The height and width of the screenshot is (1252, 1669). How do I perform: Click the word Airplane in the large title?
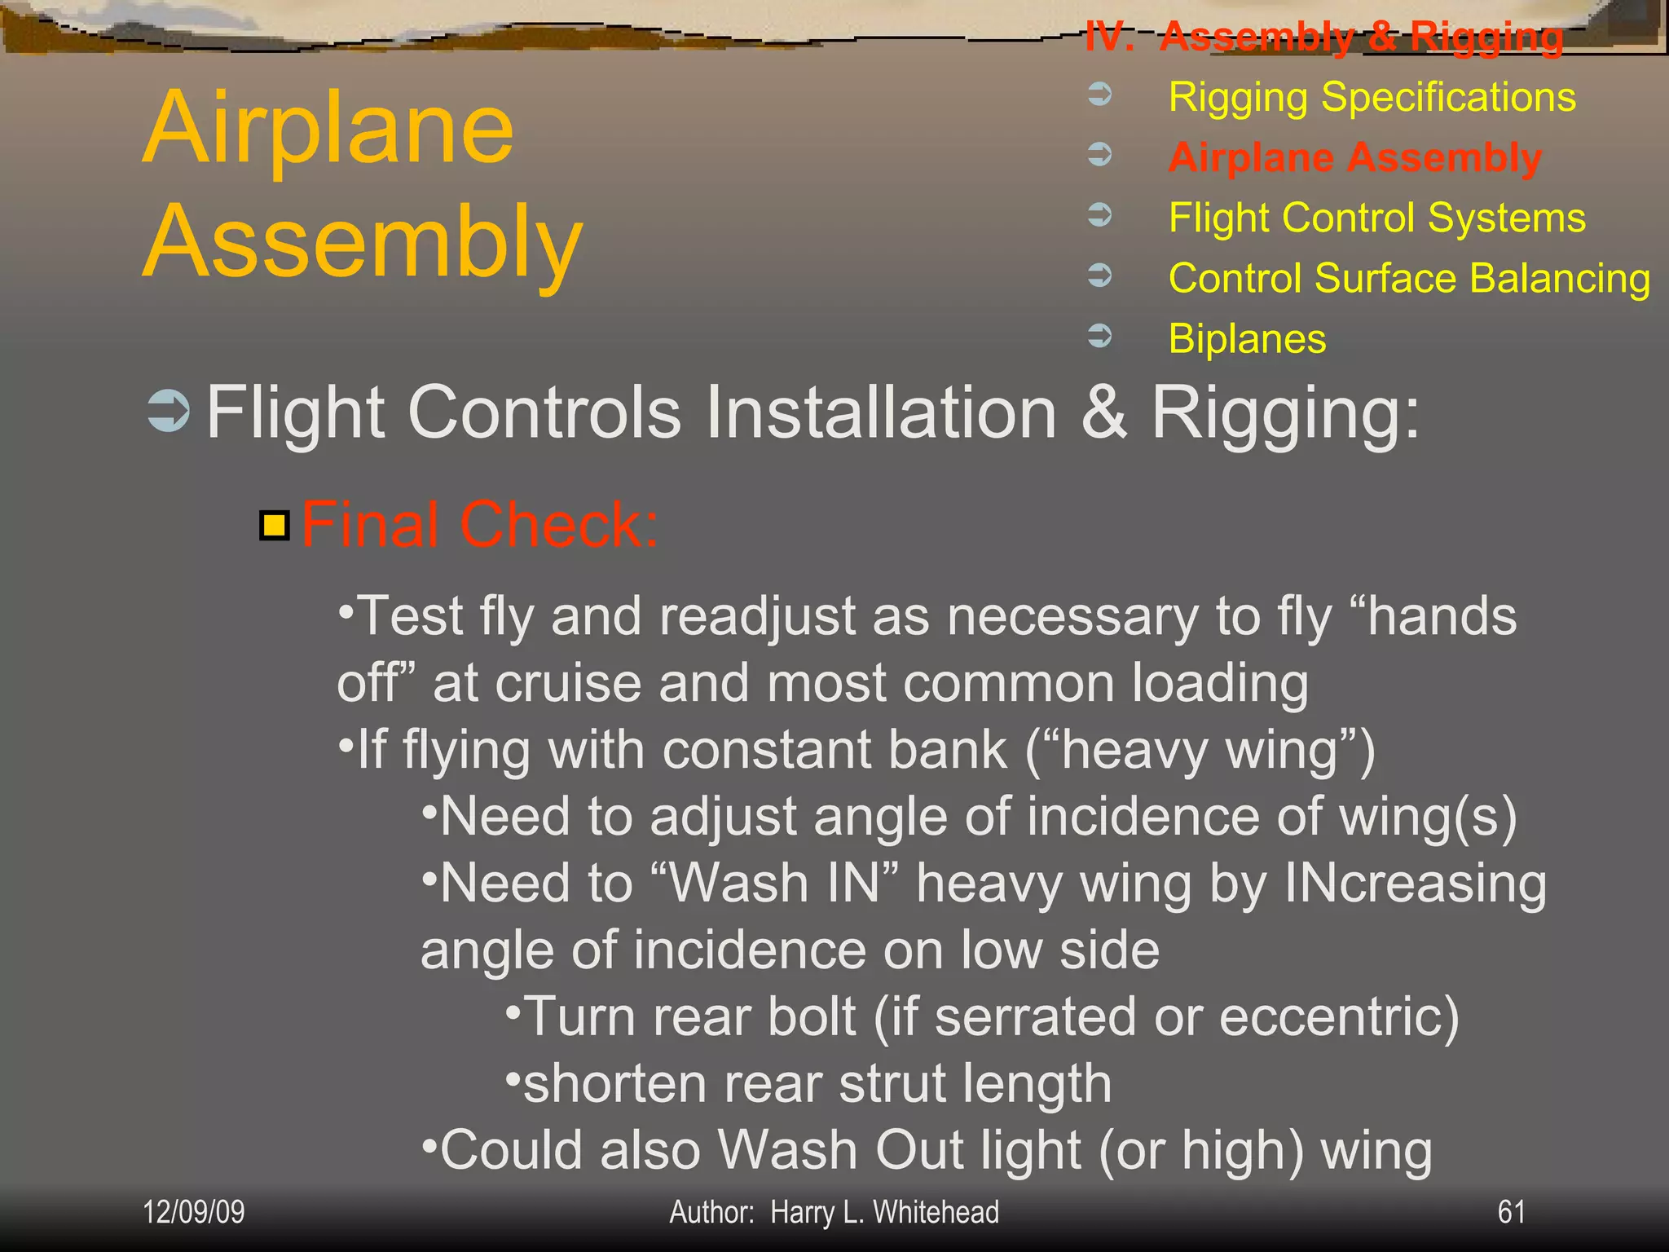[328, 128]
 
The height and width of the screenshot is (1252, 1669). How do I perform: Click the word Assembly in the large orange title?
[363, 242]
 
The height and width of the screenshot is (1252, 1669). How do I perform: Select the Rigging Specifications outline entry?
[1372, 97]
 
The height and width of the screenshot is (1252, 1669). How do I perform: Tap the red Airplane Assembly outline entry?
[1354, 157]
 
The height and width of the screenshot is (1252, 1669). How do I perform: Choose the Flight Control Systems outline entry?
[1376, 218]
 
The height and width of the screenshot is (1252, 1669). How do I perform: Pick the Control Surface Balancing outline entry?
[1409, 278]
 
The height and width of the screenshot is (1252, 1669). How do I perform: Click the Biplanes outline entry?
[1247, 338]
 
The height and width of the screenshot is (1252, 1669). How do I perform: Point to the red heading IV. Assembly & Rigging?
[1323, 37]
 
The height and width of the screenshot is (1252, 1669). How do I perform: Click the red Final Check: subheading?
[479, 524]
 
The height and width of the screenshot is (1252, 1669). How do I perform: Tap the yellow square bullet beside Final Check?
[275, 526]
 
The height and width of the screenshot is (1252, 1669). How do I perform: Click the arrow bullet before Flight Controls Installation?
[169, 411]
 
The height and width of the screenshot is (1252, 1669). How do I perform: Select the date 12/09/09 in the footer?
[193, 1212]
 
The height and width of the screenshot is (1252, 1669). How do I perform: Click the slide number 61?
[1511, 1212]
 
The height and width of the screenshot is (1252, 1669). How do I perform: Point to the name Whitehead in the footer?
[936, 1212]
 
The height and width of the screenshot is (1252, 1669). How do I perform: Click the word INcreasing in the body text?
[1415, 884]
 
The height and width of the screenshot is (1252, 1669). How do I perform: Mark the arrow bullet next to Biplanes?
[1100, 335]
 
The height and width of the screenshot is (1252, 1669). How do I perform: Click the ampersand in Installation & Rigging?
[1103, 412]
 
